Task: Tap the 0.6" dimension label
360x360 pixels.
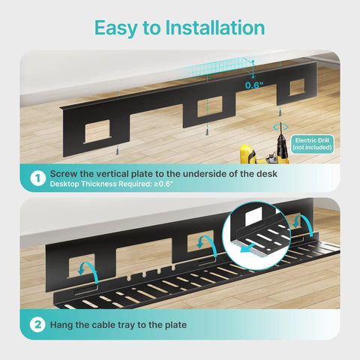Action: pyautogui.click(x=256, y=85)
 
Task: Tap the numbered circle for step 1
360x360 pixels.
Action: pyautogui.click(x=34, y=178)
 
